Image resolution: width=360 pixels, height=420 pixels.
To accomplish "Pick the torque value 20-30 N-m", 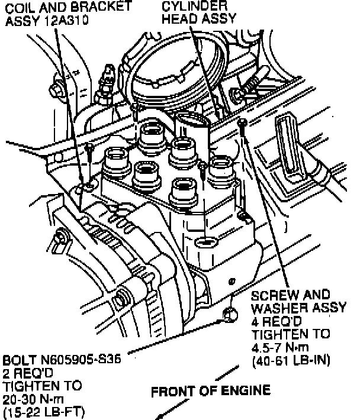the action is coord(36,396).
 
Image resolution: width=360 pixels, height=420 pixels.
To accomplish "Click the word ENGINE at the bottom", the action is coord(246,390).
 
